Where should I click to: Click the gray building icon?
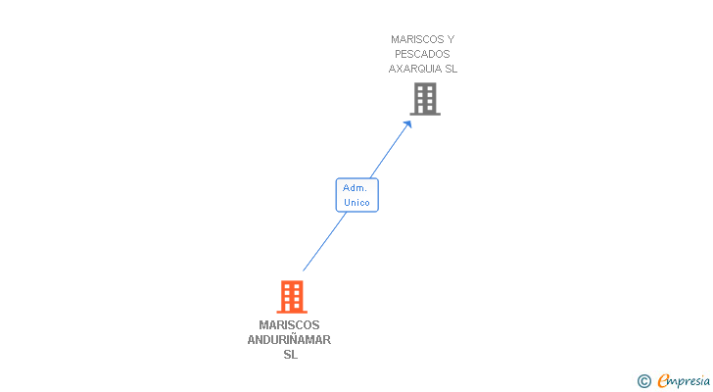(424, 99)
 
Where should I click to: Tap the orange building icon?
(291, 296)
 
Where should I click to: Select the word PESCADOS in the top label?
(422, 54)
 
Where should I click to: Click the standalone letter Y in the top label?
(451, 39)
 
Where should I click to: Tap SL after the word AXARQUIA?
(451, 69)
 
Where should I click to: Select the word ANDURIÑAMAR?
(290, 340)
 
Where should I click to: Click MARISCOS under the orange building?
(290, 325)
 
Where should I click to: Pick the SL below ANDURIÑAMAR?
(290, 355)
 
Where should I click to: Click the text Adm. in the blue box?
(356, 187)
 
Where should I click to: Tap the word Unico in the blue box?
(356, 203)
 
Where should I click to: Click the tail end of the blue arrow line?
(304, 270)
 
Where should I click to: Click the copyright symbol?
(644, 381)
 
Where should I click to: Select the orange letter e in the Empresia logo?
(663, 381)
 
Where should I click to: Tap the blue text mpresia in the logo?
(689, 381)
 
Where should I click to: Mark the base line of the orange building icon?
(291, 311)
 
